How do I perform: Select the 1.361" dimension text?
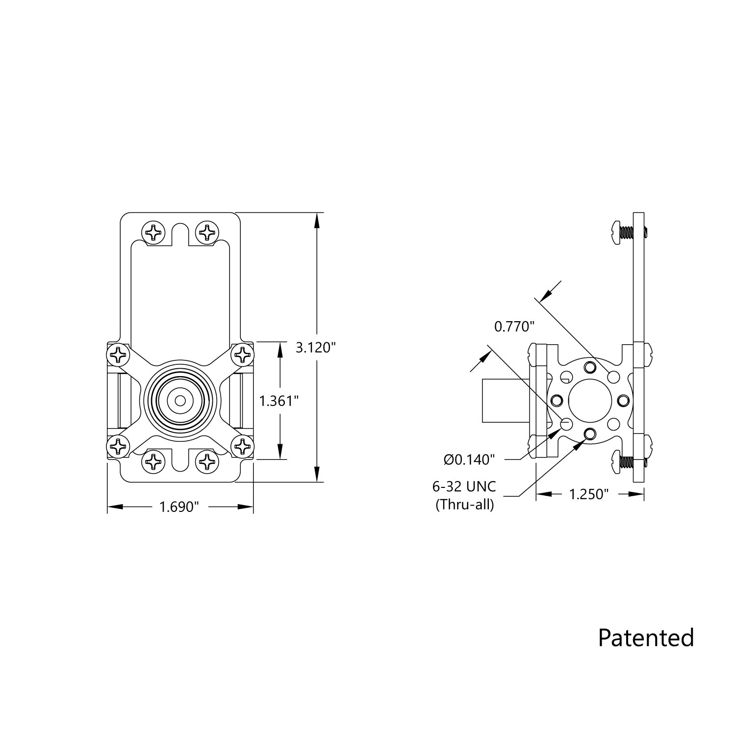(279, 401)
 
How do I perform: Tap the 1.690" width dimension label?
(179, 507)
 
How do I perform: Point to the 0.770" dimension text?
(513, 326)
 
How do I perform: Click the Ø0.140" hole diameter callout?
(469, 459)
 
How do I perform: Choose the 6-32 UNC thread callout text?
(464, 486)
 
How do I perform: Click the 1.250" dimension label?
(588, 494)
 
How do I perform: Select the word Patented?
(646, 637)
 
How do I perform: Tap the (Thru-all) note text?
(464, 504)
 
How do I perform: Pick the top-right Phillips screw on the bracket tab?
(208, 232)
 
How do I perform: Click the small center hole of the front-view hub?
(180, 400)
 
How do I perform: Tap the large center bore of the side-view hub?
(590, 401)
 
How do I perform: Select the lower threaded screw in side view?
(623, 462)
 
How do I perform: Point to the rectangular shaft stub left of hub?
(505, 400)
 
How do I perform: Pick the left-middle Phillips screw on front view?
(118, 354)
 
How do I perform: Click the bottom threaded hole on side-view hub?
(590, 433)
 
